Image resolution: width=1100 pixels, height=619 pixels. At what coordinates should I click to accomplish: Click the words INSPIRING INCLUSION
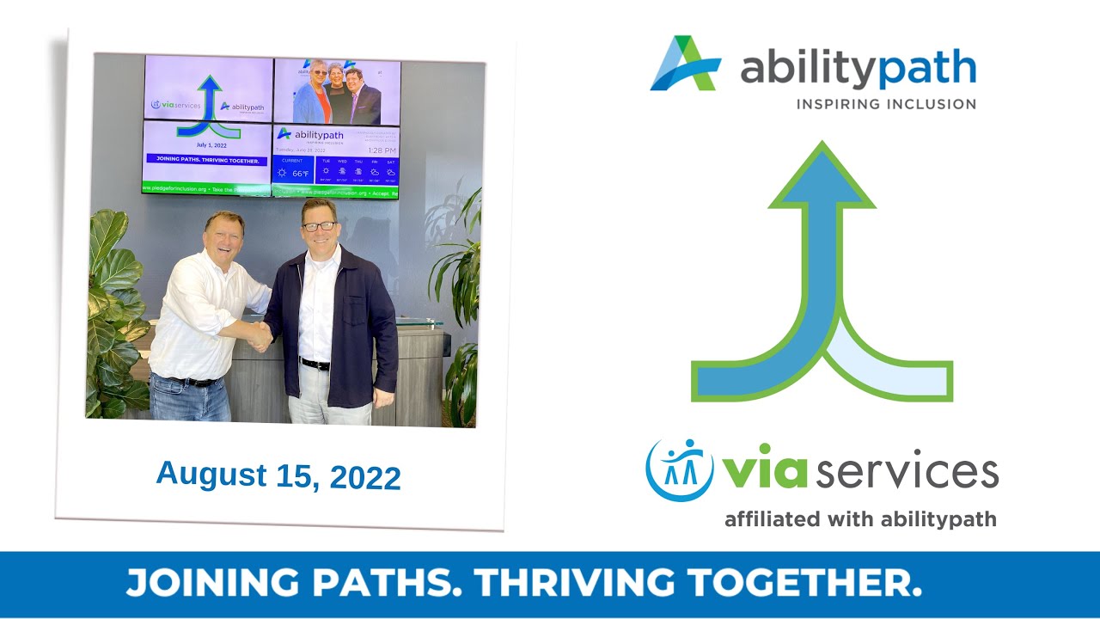886,104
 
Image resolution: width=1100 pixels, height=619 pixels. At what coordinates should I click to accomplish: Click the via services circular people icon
679,469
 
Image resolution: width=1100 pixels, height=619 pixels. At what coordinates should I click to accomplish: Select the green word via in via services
763,472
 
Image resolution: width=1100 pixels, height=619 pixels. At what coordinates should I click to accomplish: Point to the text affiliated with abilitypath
860,519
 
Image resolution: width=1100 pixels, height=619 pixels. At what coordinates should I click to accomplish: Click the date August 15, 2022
278,475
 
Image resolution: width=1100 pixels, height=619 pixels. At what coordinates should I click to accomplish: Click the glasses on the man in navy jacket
319,226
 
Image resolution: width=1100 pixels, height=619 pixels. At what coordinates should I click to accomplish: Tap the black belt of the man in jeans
188,381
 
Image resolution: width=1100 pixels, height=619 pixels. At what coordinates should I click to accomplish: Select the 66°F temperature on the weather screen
299,174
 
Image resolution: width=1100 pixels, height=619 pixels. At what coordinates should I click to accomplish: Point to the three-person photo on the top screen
337,92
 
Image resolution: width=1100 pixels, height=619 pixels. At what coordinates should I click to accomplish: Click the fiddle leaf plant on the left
116,309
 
